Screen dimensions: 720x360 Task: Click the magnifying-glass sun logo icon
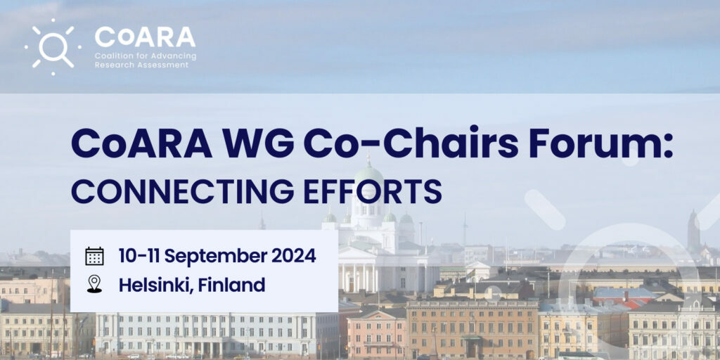click(53, 47)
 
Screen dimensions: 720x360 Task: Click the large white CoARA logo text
click(145, 37)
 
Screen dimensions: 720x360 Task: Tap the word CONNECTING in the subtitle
click(182, 191)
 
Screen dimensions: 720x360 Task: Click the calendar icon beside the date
click(95, 256)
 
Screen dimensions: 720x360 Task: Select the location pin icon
click(95, 284)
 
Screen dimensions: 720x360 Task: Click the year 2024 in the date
click(293, 256)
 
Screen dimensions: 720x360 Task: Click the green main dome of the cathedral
click(368, 175)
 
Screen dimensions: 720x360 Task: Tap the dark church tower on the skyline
click(693, 232)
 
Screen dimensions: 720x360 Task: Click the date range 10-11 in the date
click(139, 256)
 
